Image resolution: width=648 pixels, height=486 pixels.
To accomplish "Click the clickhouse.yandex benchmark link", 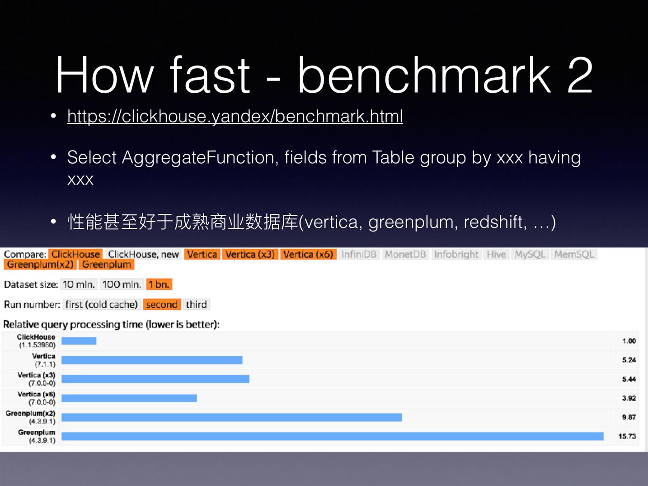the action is point(235,116).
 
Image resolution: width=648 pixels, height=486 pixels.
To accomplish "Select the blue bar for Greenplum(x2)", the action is point(231,417).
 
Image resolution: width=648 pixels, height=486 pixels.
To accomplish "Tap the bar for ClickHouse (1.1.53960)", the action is point(79,341).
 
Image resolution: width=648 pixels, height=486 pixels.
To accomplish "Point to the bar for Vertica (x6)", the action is point(129,398).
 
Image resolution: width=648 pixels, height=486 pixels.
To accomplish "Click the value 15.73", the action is point(627,436).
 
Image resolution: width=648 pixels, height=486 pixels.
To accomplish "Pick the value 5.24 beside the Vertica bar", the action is point(629,360).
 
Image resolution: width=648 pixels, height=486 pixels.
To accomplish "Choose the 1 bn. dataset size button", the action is point(159,284).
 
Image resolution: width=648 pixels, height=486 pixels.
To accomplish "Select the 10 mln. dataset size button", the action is point(79,284).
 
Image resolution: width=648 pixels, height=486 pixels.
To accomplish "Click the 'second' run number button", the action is point(162,304).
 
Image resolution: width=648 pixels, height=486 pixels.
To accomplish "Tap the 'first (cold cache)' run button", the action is point(102,304).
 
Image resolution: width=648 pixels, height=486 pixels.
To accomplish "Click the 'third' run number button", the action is point(196,304).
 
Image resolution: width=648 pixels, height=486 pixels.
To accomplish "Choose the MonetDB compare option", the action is point(405,254).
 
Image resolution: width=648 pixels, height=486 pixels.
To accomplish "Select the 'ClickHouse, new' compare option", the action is point(144,254).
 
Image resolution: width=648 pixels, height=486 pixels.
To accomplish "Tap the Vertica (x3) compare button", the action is point(250,254).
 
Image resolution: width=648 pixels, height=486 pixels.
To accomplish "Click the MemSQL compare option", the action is point(574,254).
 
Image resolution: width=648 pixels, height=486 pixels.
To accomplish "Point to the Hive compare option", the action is point(496,254).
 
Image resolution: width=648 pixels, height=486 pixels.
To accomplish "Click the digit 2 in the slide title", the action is point(580,75).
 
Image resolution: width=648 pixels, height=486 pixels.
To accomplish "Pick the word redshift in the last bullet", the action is point(495,222).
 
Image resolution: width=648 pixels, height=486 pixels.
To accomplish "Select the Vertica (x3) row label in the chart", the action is point(36,379).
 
